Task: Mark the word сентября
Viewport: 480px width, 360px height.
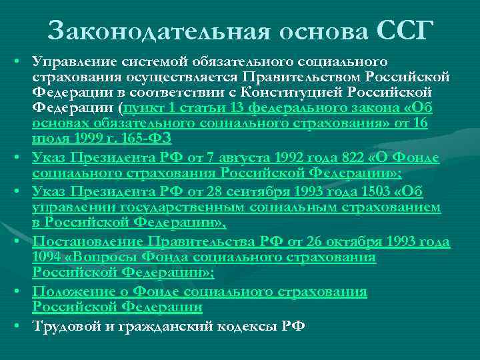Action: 258,192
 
